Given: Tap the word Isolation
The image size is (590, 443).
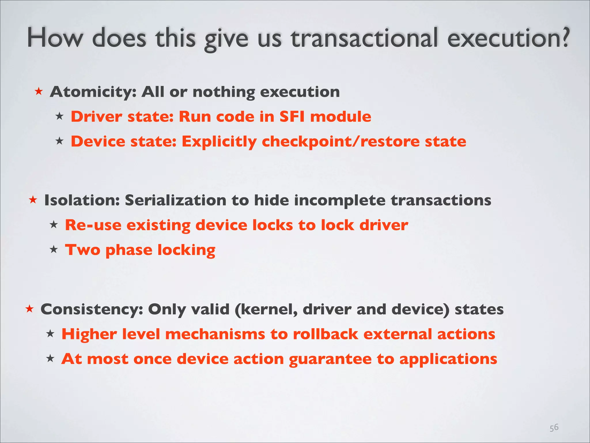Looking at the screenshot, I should coord(82,200).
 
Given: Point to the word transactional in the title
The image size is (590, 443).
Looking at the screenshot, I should coord(364,38).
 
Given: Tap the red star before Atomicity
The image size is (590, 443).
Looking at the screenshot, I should coord(39,92).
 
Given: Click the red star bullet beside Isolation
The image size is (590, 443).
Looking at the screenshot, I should coord(33,200).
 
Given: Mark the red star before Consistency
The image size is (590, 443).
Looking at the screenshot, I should coord(29,309).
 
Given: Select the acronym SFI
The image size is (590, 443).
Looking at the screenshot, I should coord(292,117).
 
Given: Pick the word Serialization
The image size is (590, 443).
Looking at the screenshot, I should coord(175,200).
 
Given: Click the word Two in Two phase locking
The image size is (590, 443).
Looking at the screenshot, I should coord(83,250).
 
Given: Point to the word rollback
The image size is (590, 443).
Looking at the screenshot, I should coord(326,334).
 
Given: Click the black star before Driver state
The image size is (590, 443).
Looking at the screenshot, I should coord(59,117).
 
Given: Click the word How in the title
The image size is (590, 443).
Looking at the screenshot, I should coord(55,38).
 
